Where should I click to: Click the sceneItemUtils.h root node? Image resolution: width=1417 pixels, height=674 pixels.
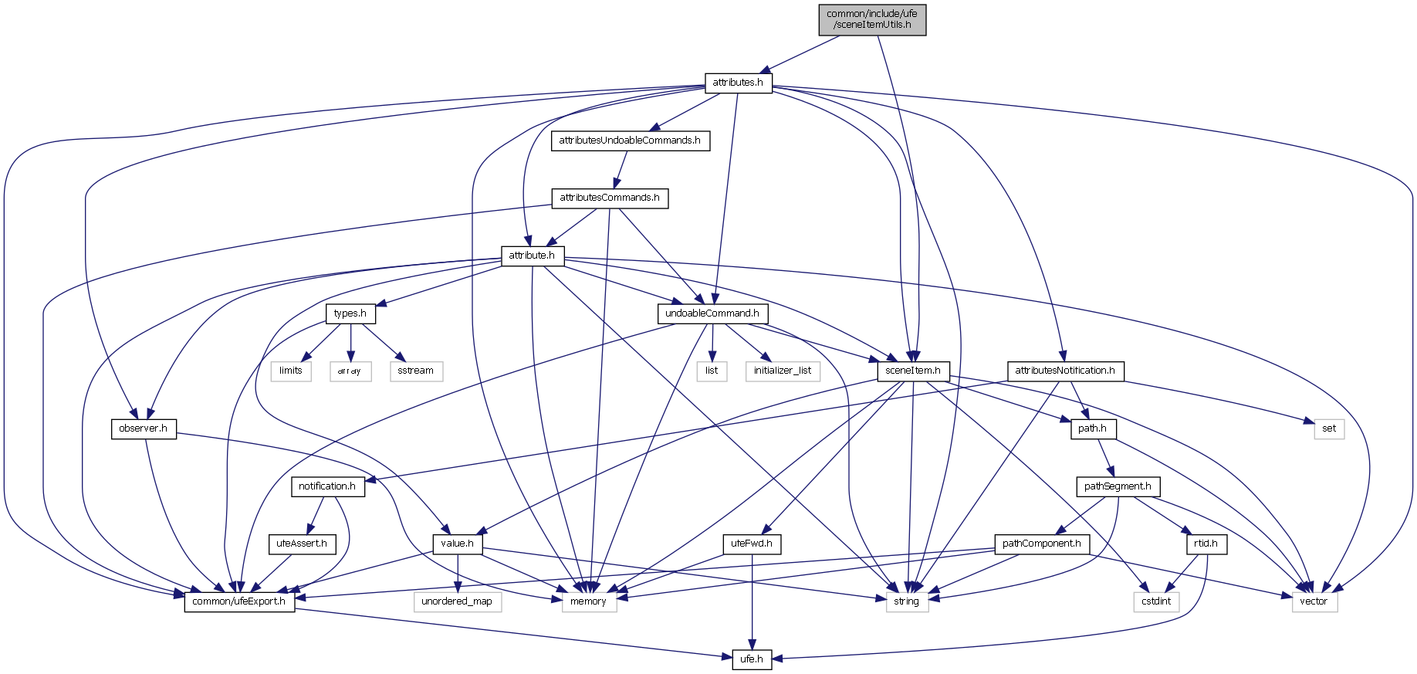pyautogui.click(x=872, y=19)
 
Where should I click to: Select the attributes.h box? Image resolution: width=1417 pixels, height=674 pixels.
pyautogui.click(x=738, y=83)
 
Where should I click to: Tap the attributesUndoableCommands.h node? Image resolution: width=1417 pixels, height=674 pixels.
pyautogui.click(x=630, y=141)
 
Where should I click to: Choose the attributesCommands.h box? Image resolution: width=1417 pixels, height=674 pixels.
pyautogui.click(x=610, y=198)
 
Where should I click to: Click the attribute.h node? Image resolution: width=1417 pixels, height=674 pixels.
pyautogui.click(x=532, y=256)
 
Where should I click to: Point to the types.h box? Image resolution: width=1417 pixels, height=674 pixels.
pyautogui.click(x=350, y=313)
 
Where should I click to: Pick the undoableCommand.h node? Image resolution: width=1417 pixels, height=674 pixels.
pyautogui.click(x=712, y=313)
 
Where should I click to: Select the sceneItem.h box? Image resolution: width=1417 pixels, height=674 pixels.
pyautogui.click(x=913, y=371)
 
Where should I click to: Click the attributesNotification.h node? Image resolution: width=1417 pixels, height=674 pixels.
pyautogui.click(x=1065, y=371)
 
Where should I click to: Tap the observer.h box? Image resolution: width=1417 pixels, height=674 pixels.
pyautogui.click(x=144, y=428)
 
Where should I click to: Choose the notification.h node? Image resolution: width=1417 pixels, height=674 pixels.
pyautogui.click(x=327, y=486)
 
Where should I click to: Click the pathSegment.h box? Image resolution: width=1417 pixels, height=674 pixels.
pyautogui.click(x=1118, y=486)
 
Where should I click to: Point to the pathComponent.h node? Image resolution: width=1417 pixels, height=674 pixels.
pyautogui.click(x=1041, y=544)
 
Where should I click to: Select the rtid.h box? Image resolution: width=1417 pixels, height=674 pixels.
pyautogui.click(x=1206, y=544)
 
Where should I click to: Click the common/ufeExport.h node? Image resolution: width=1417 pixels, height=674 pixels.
pyautogui.click(x=239, y=601)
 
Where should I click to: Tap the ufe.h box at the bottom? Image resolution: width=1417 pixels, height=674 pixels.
pyautogui.click(x=752, y=659)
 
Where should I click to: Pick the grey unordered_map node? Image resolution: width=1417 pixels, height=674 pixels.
pyautogui.click(x=457, y=601)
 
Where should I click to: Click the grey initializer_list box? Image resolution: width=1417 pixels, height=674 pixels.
pyautogui.click(x=783, y=371)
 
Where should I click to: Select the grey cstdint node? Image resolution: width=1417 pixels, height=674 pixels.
pyautogui.click(x=1156, y=601)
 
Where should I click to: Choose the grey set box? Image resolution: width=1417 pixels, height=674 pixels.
pyautogui.click(x=1329, y=428)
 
